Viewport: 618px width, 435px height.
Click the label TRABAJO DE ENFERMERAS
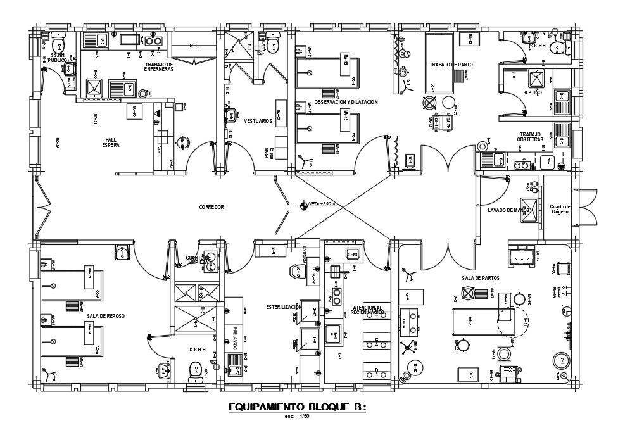coord(158,66)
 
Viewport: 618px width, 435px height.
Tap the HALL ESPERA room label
coord(111,142)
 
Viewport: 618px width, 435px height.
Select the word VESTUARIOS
coord(258,120)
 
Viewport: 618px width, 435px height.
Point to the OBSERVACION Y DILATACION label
coord(346,102)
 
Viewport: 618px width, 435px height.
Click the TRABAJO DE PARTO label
coord(451,65)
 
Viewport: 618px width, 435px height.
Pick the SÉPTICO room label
coord(533,92)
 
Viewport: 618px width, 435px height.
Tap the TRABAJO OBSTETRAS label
coord(530,137)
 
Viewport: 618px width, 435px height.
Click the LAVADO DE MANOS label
coord(508,210)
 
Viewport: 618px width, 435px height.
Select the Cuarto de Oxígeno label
coord(560,209)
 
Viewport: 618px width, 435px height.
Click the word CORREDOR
coord(211,207)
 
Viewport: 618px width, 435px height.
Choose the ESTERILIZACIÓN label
coord(284,307)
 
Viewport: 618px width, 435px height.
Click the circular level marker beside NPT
coord(303,205)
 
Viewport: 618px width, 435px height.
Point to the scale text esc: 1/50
coord(297,417)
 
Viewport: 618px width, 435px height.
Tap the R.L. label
coord(194,46)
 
